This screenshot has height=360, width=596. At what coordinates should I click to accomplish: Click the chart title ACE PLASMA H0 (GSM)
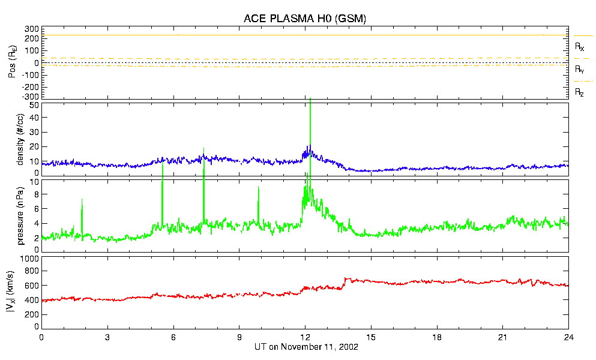304,19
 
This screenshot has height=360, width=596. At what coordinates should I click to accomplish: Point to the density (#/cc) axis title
21,139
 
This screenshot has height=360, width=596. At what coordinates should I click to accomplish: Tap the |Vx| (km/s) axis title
21,293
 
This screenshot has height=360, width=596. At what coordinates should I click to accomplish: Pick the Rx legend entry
580,46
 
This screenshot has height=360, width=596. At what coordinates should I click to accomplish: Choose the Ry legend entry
580,70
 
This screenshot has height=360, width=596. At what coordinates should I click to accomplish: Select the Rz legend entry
580,92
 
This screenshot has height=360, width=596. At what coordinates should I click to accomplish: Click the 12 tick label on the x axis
305,337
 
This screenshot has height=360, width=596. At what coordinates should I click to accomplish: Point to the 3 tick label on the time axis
107,337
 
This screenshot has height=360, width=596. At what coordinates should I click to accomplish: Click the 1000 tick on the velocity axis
29,259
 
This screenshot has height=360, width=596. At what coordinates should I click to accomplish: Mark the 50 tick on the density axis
34,106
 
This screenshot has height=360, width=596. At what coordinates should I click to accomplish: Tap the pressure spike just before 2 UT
82,201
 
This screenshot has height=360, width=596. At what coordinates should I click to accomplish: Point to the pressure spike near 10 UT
259,188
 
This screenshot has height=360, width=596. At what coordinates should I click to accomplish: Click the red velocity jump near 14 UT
345,282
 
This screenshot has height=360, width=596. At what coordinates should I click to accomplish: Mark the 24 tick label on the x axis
568,337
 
